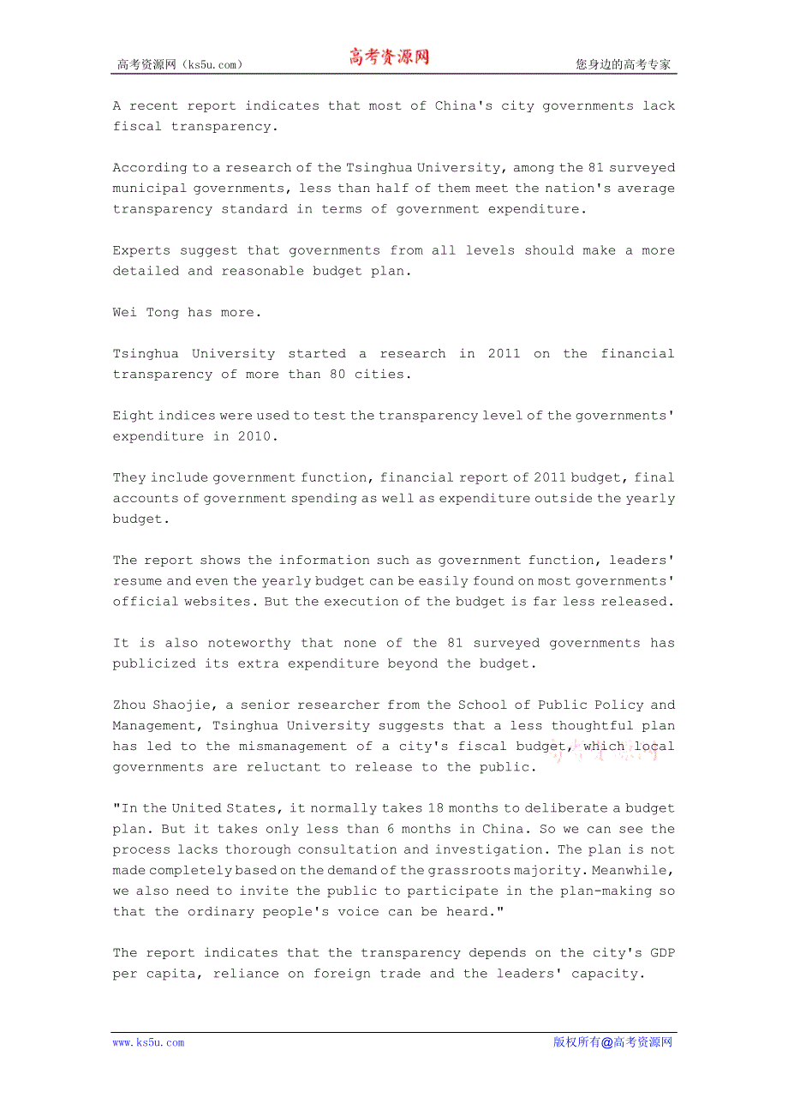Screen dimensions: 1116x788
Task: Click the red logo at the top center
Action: [389, 57]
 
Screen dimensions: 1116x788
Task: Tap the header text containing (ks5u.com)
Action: [180, 64]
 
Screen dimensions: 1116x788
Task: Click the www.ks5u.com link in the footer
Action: [148, 1042]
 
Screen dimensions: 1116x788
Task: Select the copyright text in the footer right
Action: [612, 1042]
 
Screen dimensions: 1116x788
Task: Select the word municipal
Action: [149, 189]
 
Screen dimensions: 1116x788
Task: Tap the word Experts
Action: [141, 250]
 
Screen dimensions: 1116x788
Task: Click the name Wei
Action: [124, 313]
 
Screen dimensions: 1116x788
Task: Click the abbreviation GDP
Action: [662, 953]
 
